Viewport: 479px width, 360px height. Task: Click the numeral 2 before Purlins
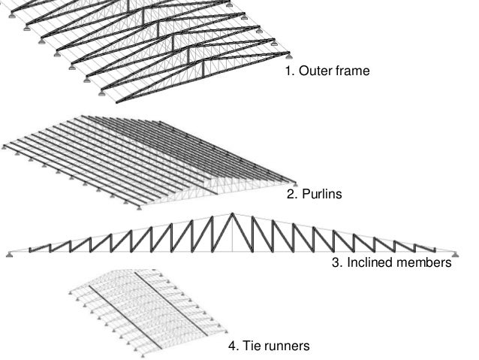291,195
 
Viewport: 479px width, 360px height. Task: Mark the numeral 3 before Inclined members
335,264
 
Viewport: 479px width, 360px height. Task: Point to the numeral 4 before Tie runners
232,346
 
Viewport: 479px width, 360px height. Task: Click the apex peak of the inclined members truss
233,214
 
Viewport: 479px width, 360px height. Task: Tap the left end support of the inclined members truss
9,254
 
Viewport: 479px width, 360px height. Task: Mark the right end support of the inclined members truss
456,254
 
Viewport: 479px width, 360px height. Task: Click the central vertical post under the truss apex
233,233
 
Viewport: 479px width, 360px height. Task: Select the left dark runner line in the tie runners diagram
120,308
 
